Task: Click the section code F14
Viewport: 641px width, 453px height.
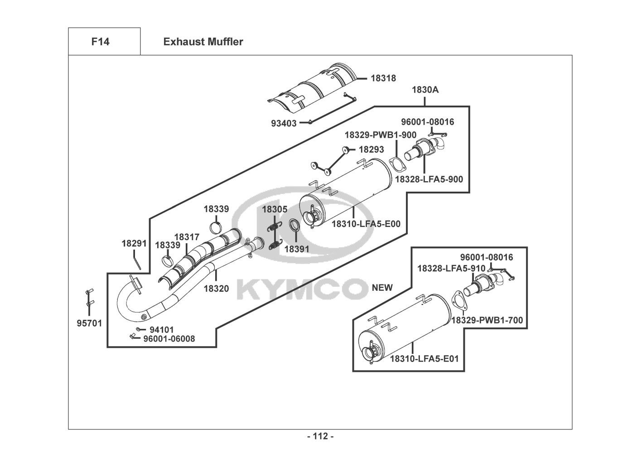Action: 100,42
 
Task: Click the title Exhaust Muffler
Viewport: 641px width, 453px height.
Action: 203,42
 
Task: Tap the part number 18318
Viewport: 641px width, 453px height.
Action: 383,78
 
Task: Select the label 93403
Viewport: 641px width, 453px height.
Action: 284,123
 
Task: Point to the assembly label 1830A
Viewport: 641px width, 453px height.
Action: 425,90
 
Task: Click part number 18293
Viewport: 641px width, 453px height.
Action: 371,149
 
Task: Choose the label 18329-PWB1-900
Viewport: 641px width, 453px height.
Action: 380,135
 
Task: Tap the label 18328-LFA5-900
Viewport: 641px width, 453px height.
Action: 429,179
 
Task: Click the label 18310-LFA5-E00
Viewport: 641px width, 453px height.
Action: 366,223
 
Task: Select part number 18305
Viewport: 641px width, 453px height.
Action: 275,209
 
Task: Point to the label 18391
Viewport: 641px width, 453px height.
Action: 297,249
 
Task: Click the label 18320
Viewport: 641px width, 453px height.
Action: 216,289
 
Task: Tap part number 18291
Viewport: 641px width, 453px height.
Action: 134,243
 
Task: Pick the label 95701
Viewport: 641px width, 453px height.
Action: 89,323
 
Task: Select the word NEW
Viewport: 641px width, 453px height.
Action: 382,288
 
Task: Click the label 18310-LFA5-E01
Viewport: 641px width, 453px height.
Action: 424,359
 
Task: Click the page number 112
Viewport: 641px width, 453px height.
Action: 320,437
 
